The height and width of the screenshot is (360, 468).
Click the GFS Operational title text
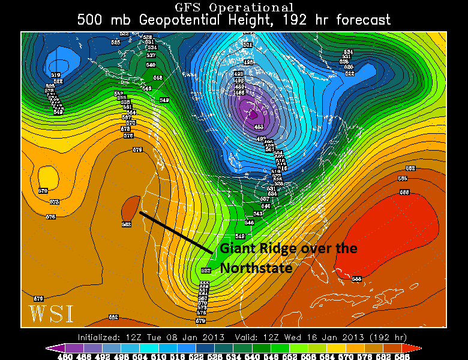[x=234, y=7]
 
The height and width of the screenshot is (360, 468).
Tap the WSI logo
[x=50, y=313]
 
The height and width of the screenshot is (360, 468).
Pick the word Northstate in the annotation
[x=256, y=268]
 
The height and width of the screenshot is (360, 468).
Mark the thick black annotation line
[x=176, y=232]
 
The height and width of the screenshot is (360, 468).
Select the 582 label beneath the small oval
[x=126, y=224]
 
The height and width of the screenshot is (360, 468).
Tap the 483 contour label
[x=259, y=126]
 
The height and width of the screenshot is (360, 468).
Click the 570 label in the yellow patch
[x=43, y=191]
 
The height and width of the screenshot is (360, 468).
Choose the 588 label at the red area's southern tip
[x=356, y=279]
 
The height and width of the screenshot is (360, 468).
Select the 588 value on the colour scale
[x=405, y=356]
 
